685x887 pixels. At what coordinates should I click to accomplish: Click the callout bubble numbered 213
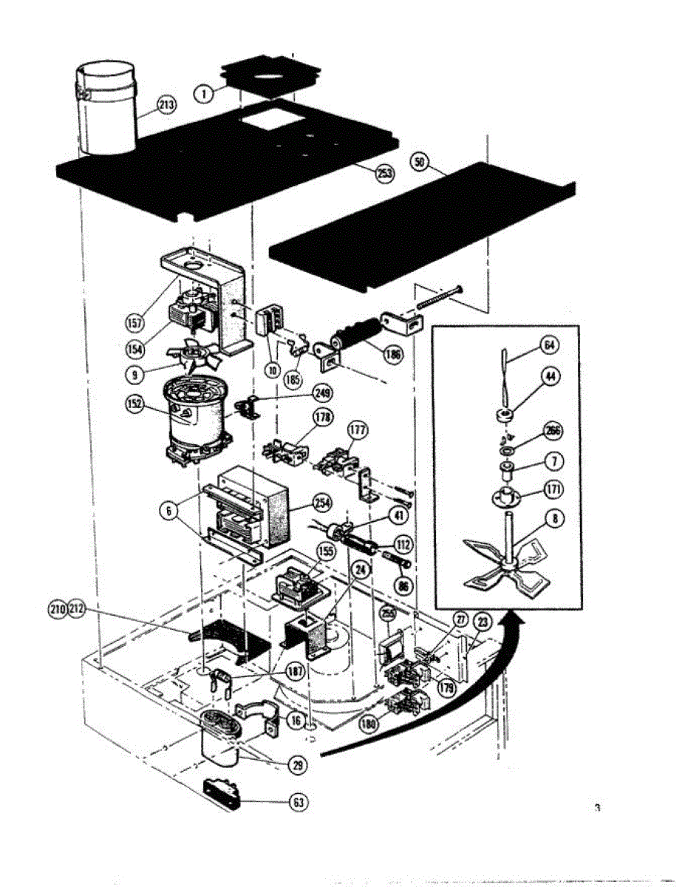point(168,106)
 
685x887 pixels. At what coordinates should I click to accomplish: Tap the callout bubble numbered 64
point(548,345)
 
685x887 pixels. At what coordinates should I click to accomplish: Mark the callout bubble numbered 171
point(553,489)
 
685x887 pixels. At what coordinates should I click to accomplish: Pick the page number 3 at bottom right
point(596,808)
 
